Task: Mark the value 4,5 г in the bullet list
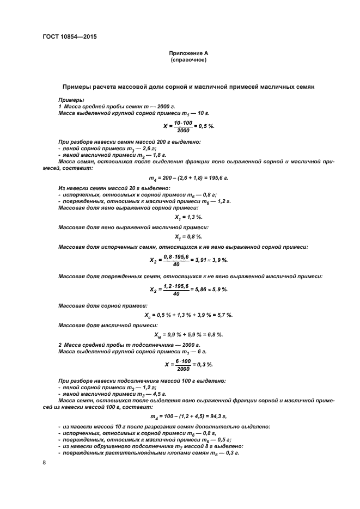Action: (143, 393)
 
